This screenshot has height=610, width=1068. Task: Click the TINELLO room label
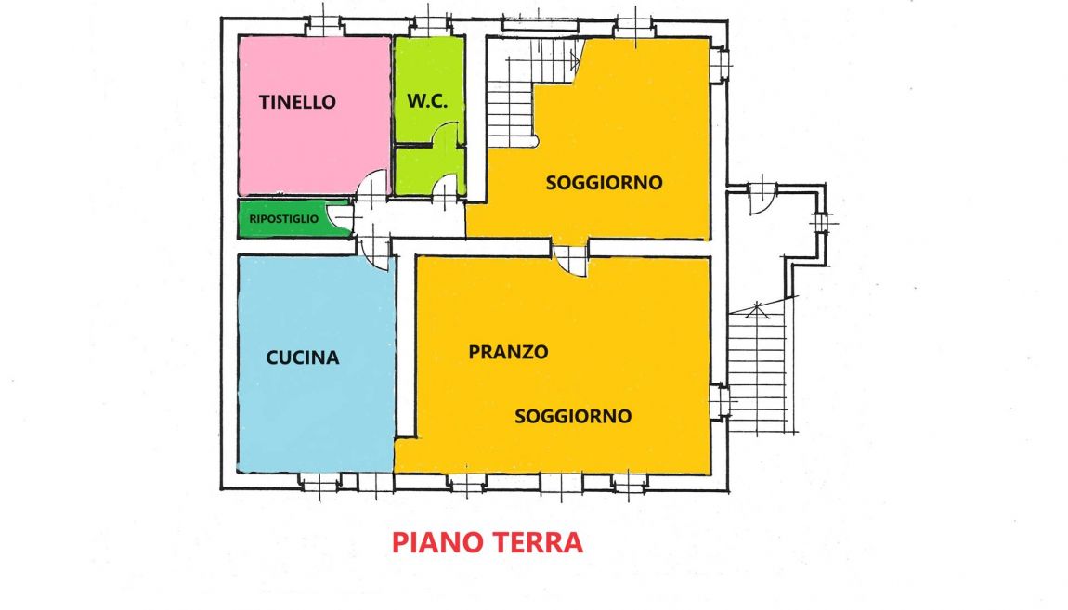point(297,102)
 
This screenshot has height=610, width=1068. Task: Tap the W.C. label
point(428,101)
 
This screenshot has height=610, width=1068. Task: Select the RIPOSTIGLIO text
point(283,219)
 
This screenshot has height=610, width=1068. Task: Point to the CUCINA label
point(303,357)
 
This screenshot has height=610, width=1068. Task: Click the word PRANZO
point(508,352)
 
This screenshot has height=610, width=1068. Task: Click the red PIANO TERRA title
point(488,542)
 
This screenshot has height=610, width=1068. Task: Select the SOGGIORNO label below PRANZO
point(573,416)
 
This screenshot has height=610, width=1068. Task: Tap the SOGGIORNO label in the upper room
point(605,183)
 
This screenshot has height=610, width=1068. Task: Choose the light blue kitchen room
point(316,364)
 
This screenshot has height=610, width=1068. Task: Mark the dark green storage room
point(293,219)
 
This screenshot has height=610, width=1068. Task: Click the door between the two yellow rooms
point(570,259)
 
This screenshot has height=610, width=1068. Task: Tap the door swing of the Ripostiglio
point(341,216)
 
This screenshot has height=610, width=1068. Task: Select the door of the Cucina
point(375,252)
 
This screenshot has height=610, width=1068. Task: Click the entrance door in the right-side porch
point(762,198)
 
